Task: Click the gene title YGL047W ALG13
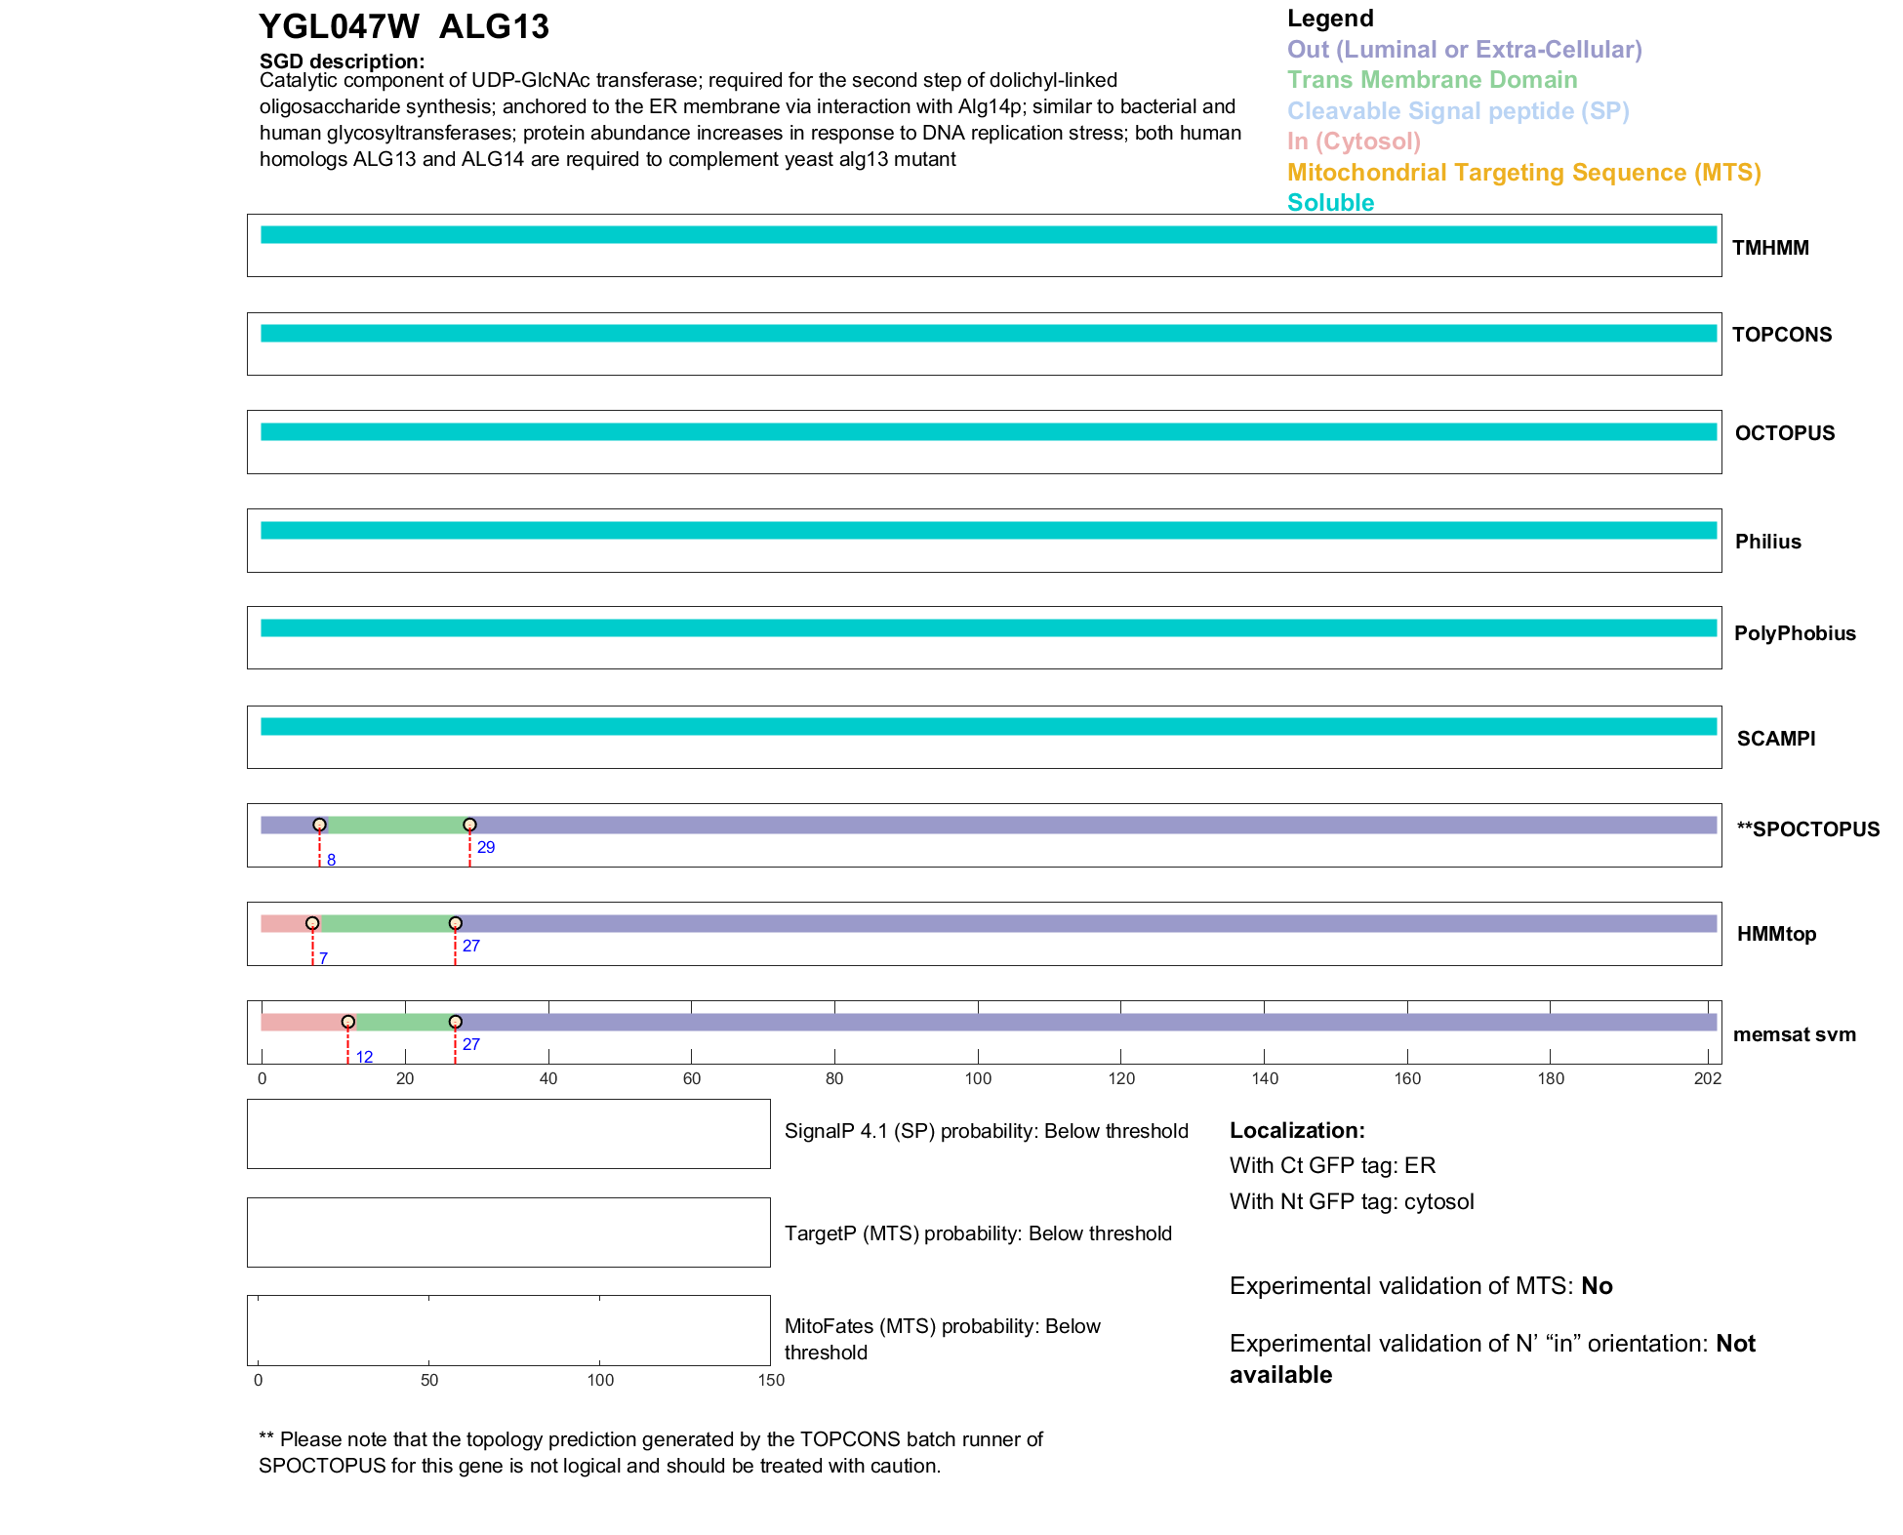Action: point(403,27)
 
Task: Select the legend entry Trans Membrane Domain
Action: point(1432,80)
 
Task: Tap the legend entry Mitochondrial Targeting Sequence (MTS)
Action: point(1523,173)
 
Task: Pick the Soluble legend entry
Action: point(1330,203)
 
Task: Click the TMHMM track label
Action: point(1770,248)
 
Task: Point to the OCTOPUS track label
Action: point(1784,433)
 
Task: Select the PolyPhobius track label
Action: point(1794,633)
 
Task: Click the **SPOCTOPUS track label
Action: point(1807,829)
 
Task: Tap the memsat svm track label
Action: point(1794,1034)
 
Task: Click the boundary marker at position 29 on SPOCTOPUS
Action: point(469,826)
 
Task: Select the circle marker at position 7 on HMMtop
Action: point(312,923)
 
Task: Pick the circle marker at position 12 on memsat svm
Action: point(347,1022)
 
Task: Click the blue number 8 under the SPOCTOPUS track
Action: point(332,861)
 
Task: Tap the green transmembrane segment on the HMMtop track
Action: point(385,924)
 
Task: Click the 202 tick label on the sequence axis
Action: point(1708,1078)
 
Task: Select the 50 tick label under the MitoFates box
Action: point(429,1380)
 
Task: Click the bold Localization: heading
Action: point(1297,1131)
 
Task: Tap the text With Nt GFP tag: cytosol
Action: point(1352,1201)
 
